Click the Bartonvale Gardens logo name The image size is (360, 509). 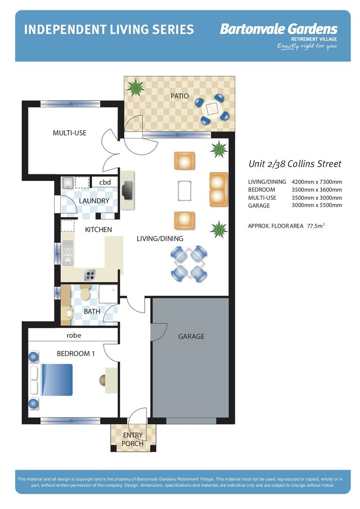(x=279, y=29)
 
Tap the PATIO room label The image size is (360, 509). (x=180, y=96)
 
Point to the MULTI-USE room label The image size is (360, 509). (x=69, y=133)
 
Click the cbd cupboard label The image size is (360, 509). (x=105, y=182)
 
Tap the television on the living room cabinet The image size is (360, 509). (x=127, y=190)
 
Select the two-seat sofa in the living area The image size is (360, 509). (x=219, y=189)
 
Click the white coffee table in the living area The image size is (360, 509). (x=184, y=190)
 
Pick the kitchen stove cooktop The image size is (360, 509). (x=90, y=275)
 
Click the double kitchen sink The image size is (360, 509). (x=67, y=253)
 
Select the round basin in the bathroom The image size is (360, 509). (x=69, y=313)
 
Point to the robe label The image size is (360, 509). (x=74, y=336)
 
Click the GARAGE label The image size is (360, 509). (x=191, y=337)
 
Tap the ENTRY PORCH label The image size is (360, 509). (x=132, y=439)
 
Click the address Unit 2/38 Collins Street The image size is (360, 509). (x=295, y=164)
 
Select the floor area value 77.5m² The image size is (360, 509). (x=316, y=226)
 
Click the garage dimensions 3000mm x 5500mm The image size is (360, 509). (x=317, y=205)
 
